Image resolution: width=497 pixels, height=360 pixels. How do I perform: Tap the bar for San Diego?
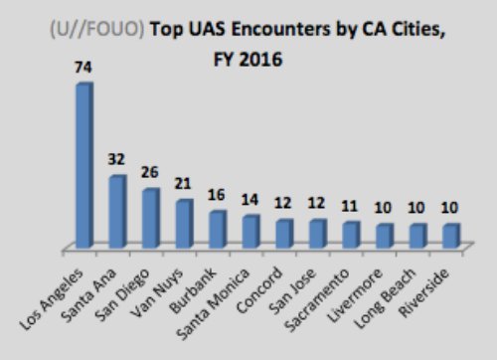[150, 218]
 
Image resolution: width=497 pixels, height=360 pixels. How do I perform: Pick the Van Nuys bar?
[184, 224]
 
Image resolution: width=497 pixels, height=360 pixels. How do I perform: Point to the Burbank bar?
[218, 229]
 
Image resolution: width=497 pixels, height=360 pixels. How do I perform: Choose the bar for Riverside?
[450, 235]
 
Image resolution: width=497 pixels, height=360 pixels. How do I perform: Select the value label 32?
[117, 160]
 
